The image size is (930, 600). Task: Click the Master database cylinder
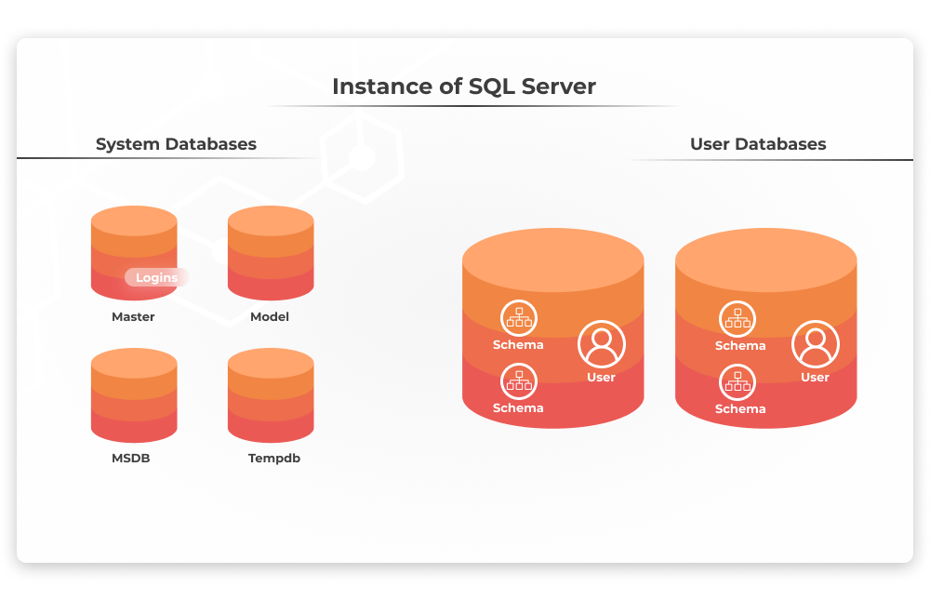(134, 253)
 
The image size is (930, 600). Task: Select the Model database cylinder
(271, 253)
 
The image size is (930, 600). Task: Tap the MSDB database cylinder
(134, 395)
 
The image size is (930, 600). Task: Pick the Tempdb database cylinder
(271, 395)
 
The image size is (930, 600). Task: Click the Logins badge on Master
(156, 277)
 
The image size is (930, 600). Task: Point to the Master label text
(133, 317)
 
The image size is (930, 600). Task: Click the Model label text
(270, 317)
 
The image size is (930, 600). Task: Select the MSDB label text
(131, 459)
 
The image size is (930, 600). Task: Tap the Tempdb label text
(274, 459)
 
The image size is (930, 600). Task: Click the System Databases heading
(176, 144)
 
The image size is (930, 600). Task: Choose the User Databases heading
(758, 144)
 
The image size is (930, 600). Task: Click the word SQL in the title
(492, 87)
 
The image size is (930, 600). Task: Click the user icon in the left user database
(602, 344)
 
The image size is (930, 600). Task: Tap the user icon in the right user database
(816, 344)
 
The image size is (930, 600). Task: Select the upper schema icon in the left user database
(519, 318)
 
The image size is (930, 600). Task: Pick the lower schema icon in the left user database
(519, 381)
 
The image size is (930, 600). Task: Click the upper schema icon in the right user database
(737, 319)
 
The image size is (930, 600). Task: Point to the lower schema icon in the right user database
(737, 382)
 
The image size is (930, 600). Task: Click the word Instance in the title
(382, 87)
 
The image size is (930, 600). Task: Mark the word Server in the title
(559, 87)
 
